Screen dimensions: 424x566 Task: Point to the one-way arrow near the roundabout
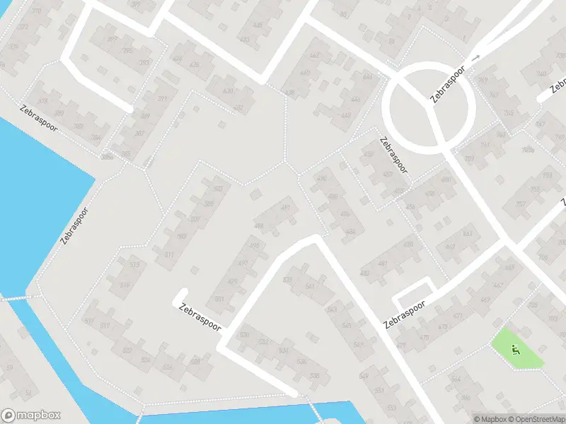tap(476, 57)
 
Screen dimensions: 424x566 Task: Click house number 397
tap(112, 39)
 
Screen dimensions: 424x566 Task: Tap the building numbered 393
tap(144, 63)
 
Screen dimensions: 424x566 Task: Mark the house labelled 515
tap(126, 285)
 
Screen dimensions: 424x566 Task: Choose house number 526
tap(168, 367)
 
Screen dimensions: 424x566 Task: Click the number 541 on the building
tap(309, 286)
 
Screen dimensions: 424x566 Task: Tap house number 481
tap(383, 264)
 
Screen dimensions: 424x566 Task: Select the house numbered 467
tap(497, 285)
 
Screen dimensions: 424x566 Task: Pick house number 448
tap(345, 116)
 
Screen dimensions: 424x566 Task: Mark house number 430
tap(228, 91)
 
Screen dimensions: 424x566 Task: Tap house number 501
tap(233, 281)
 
